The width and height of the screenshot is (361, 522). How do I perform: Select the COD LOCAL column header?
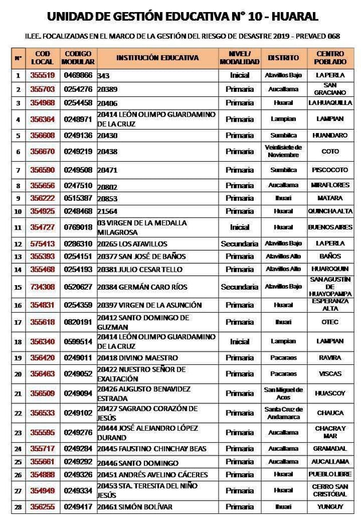coord(42,57)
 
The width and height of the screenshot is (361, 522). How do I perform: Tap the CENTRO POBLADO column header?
coord(330,57)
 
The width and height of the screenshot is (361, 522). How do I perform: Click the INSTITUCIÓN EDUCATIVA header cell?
coord(158,57)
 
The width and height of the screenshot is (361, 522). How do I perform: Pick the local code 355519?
coord(42,75)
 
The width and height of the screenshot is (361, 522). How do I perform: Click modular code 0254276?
coord(78,89)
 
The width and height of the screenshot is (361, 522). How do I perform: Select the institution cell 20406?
coord(108,103)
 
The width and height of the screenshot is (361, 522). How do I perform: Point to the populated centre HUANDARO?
coord(330,135)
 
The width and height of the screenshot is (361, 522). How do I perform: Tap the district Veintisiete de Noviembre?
coord(283,151)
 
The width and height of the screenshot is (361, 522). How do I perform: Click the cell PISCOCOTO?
coord(330,170)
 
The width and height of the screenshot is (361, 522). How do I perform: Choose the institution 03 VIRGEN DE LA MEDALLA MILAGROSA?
coord(142,227)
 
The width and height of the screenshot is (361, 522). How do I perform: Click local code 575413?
coord(42,244)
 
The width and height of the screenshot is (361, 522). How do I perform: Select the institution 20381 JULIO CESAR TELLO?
coord(140,269)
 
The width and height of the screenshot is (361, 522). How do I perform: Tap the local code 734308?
coord(42,287)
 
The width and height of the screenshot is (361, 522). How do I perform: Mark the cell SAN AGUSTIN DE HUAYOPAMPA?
coord(330,287)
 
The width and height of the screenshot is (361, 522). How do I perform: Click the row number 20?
coord(18,374)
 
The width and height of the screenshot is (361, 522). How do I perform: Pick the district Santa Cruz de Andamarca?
coord(283,413)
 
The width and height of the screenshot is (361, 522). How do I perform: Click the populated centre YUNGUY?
coord(330,507)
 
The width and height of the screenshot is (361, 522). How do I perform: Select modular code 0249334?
coord(78,491)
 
